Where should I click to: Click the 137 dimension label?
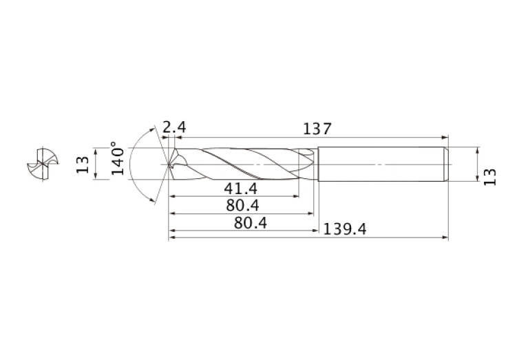(317, 129)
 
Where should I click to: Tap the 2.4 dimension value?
(174, 127)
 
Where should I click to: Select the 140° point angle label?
(118, 158)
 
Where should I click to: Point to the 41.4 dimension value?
(240, 189)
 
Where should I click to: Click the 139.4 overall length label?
(344, 229)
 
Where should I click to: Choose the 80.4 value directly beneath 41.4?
(242, 205)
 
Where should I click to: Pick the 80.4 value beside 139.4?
(251, 223)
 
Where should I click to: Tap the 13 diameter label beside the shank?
(490, 177)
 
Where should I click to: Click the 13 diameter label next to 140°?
(83, 165)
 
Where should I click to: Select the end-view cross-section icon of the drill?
(43, 164)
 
